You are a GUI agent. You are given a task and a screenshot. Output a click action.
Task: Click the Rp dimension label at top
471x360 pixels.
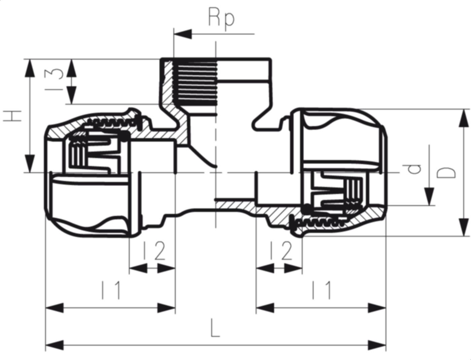221,19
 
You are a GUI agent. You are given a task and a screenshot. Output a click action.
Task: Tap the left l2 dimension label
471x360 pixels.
153,251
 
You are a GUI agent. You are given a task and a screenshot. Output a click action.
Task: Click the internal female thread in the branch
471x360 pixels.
195,82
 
